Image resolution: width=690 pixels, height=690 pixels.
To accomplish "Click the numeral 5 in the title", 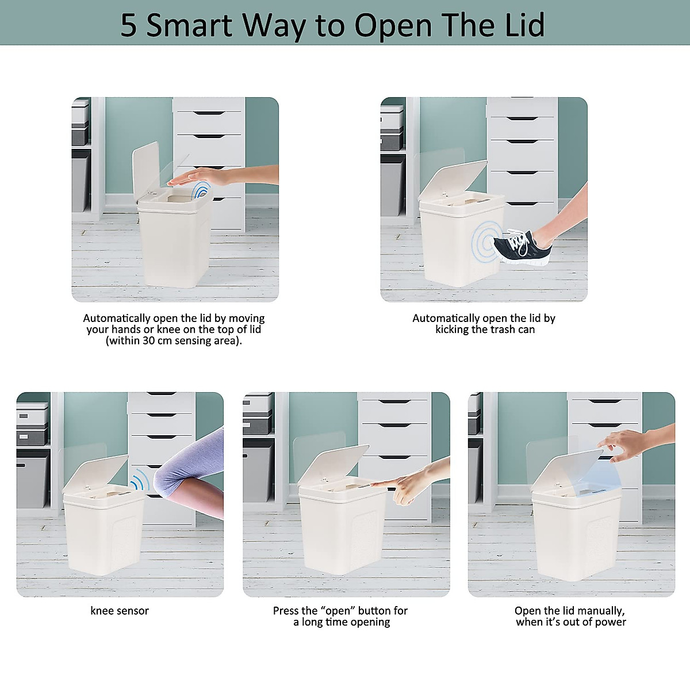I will [x=128, y=26].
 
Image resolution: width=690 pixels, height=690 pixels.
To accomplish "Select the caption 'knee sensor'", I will [x=120, y=611].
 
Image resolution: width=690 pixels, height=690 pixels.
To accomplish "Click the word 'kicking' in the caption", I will [x=452, y=329].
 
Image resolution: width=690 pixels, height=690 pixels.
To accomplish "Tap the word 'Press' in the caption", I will [x=286, y=611].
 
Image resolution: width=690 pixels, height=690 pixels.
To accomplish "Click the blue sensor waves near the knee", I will [x=140, y=479].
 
